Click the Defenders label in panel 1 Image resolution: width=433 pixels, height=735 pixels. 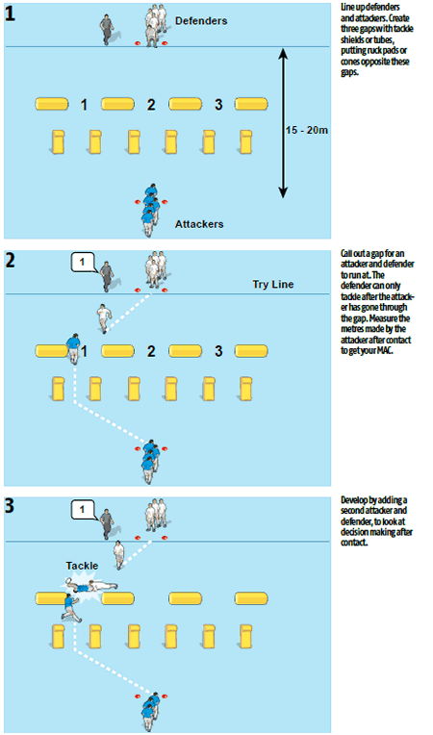click(x=201, y=21)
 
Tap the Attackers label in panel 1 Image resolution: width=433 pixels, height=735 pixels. click(x=199, y=224)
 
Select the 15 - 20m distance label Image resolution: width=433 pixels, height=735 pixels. click(x=307, y=130)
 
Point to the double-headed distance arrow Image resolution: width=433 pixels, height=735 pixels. click(x=283, y=122)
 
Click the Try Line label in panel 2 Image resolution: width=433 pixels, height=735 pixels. click(x=273, y=284)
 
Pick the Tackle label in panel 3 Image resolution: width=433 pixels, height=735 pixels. click(x=82, y=566)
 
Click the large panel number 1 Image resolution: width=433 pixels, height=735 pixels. click(x=10, y=13)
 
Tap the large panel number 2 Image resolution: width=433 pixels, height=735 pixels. click(x=10, y=260)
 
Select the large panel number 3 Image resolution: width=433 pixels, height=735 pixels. click(x=10, y=506)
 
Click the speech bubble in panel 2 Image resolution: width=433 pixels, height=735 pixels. click(x=83, y=263)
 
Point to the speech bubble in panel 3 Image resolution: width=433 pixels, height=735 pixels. click(x=83, y=510)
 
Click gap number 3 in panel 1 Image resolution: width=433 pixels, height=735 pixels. click(x=218, y=105)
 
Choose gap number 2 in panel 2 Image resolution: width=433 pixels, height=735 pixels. click(x=151, y=351)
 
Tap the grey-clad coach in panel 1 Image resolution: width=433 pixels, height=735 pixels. click(x=108, y=30)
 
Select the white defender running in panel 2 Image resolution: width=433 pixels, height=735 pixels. click(x=104, y=317)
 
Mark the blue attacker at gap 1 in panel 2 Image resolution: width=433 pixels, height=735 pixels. click(x=73, y=348)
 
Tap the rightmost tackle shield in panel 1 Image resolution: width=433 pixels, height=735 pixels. click(x=251, y=104)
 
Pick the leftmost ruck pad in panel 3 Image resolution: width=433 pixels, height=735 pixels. click(x=58, y=637)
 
